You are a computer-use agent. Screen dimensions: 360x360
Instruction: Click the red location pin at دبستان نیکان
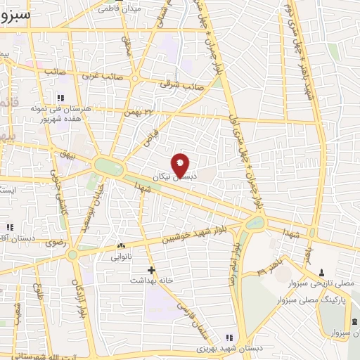click(x=181, y=165)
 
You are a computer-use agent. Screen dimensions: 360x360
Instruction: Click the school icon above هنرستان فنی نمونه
click(x=60, y=97)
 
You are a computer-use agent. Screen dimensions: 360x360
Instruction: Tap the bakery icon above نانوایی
click(x=121, y=246)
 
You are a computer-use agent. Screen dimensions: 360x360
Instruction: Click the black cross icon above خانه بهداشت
click(x=151, y=269)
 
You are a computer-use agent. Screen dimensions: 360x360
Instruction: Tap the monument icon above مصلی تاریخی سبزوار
click(x=321, y=272)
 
